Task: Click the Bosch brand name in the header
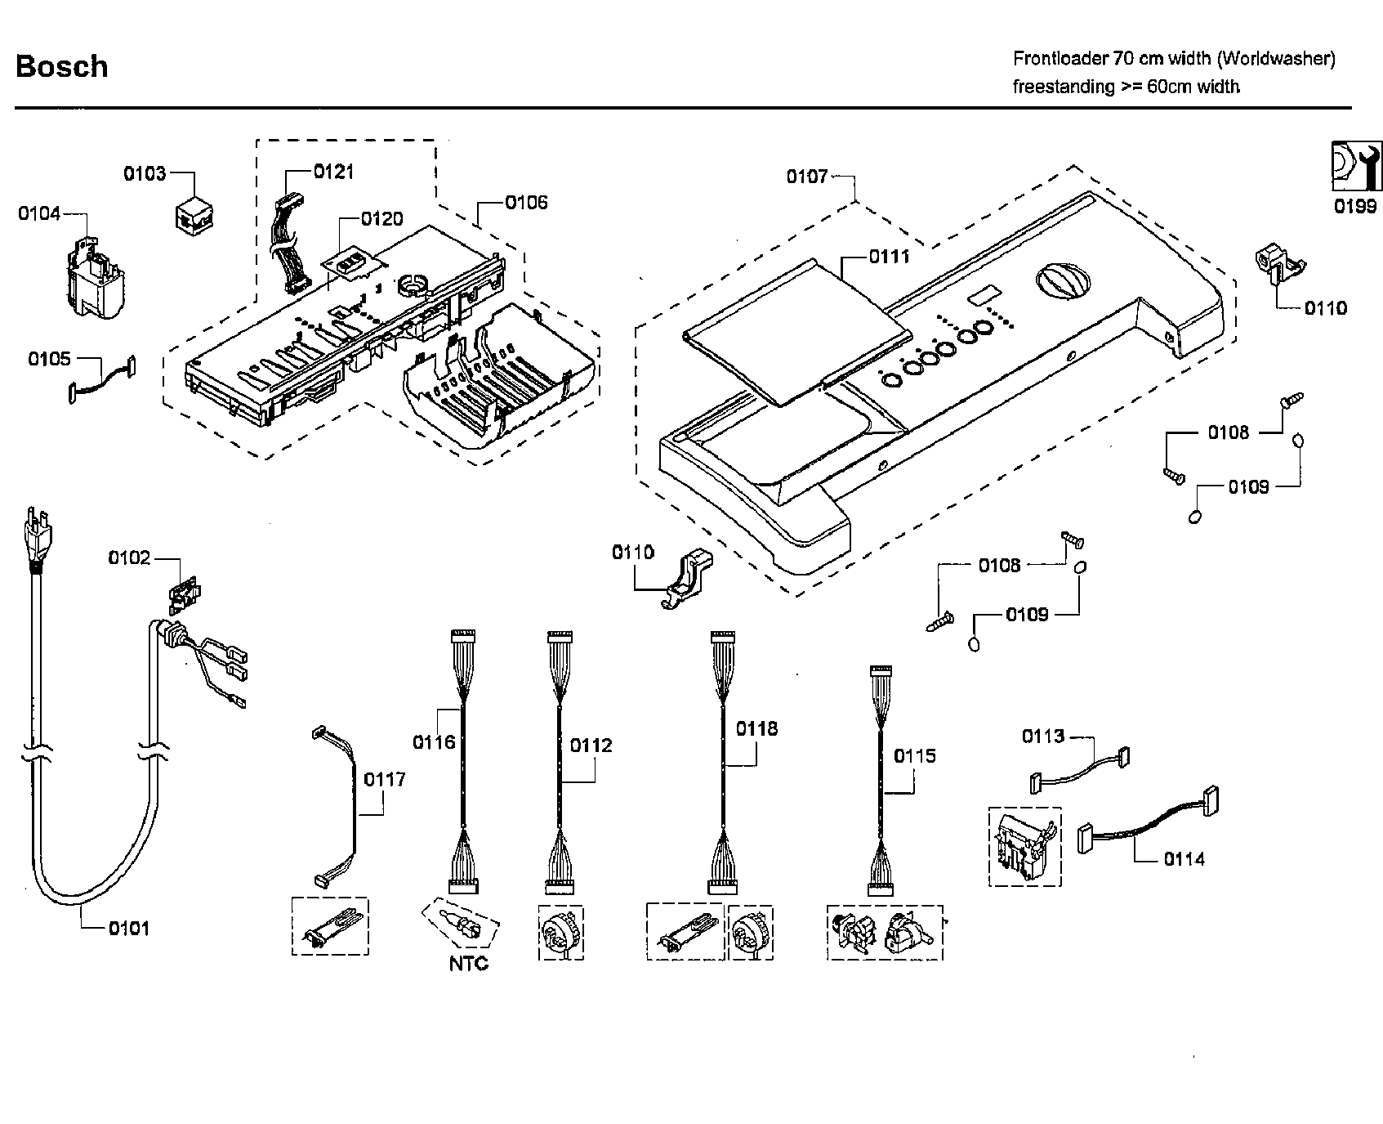pyautogui.click(x=61, y=66)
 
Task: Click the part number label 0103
pyautogui.click(x=145, y=173)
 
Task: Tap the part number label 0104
pyautogui.click(x=39, y=213)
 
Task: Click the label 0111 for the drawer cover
pyautogui.click(x=889, y=257)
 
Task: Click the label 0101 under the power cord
pyautogui.click(x=129, y=928)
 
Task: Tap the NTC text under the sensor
pyautogui.click(x=468, y=964)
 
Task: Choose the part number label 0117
pyautogui.click(x=384, y=779)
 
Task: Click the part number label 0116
pyautogui.click(x=433, y=742)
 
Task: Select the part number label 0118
pyautogui.click(x=756, y=728)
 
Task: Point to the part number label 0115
pyautogui.click(x=914, y=756)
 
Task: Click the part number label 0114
pyautogui.click(x=1184, y=859)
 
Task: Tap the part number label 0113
pyautogui.click(x=1043, y=737)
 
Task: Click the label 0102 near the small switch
pyautogui.click(x=129, y=558)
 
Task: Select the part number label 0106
pyautogui.click(x=526, y=202)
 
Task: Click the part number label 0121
pyautogui.click(x=333, y=171)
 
